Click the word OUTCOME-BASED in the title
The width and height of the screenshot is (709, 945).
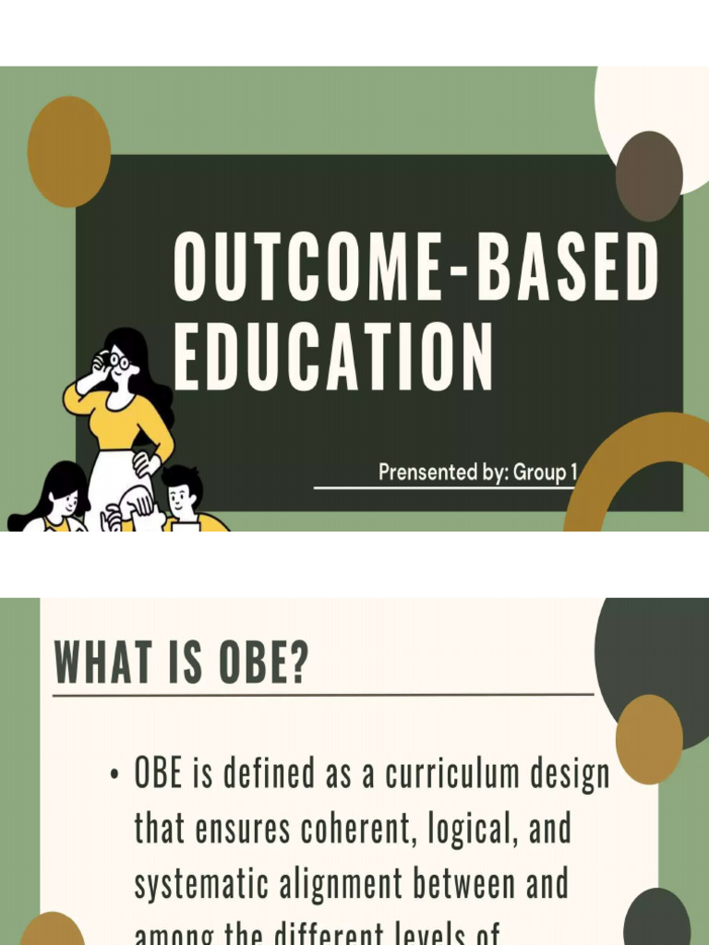416,268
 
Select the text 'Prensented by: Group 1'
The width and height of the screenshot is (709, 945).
477,472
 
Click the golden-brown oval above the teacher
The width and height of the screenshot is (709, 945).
69,151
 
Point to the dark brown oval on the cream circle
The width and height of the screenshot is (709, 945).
649,176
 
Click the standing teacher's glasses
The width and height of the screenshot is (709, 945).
117,362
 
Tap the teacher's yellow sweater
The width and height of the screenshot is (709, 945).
120,415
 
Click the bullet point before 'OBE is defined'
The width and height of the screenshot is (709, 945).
114,776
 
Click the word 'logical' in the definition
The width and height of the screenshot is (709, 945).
451,830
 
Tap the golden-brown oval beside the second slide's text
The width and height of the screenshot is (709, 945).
649,739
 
